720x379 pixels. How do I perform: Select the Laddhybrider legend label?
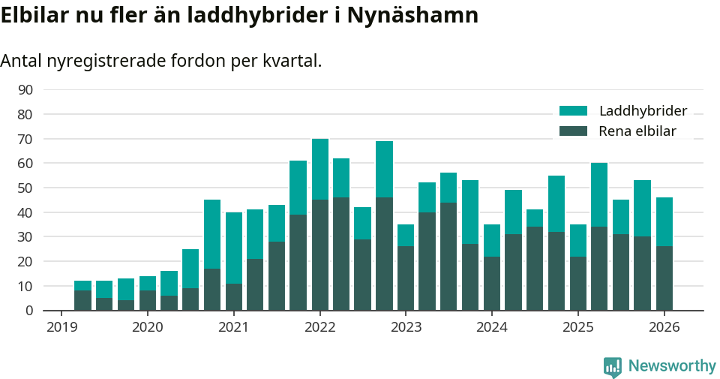[643, 111]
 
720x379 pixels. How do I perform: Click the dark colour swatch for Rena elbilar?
[573, 131]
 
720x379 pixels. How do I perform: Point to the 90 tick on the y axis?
[25, 90]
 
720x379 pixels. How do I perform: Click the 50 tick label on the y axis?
[25, 188]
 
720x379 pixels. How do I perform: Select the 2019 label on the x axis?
[61, 327]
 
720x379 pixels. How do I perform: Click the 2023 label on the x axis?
[406, 327]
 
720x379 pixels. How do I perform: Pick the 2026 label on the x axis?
[664, 327]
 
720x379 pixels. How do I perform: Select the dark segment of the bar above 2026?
[664, 278]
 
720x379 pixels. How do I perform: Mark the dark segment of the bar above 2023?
[406, 278]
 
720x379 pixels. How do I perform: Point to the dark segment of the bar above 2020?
[148, 300]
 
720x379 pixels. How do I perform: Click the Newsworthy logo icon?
[612, 366]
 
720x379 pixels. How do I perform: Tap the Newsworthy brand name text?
[672, 366]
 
